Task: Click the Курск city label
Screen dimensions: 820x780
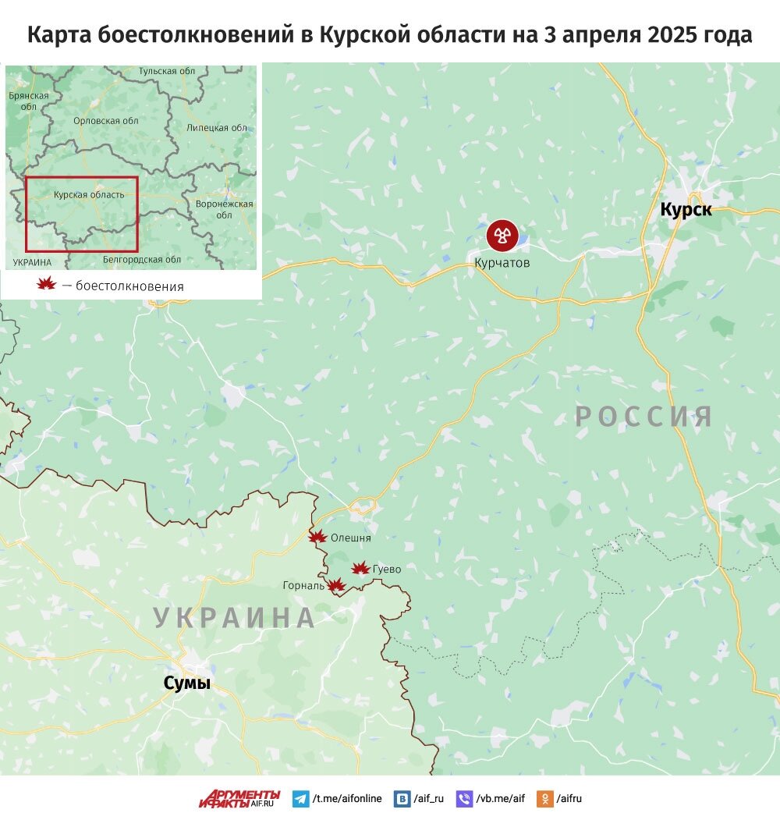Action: coord(686,209)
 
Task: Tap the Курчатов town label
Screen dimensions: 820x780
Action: coord(502,263)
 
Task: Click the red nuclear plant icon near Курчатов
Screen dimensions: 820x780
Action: coord(502,235)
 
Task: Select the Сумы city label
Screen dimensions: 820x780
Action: coord(186,683)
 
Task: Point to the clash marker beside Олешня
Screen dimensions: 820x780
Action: coord(317,537)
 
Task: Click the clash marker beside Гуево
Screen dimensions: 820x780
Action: coord(360,569)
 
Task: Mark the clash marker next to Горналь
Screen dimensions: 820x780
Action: coord(335,585)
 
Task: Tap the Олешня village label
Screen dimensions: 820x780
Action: coord(351,538)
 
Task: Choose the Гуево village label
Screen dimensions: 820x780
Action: coord(387,570)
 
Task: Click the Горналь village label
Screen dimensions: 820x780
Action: coord(304,586)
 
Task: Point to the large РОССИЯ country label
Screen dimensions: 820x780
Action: coord(644,416)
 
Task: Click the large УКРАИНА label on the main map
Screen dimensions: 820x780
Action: coord(234,617)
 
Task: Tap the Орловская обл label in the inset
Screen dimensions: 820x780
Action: coord(105,121)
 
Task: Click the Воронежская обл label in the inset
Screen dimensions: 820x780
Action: coord(225,209)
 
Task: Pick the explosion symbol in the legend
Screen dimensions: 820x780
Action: coord(47,285)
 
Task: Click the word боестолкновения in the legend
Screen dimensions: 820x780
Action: coord(129,286)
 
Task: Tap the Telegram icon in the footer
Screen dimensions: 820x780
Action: coord(300,798)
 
